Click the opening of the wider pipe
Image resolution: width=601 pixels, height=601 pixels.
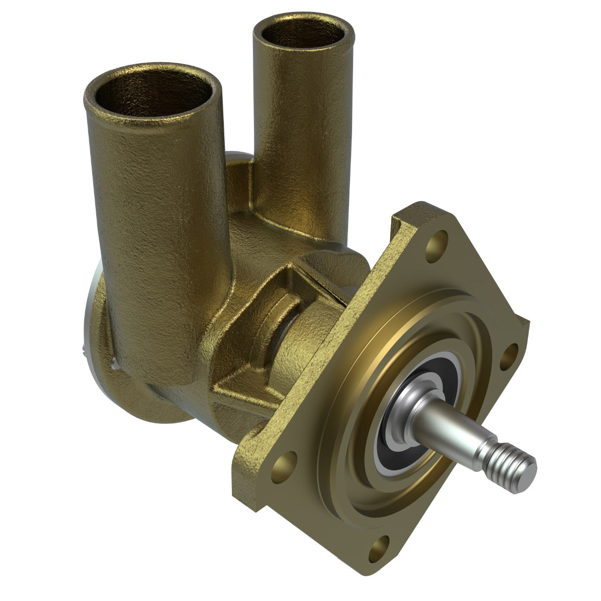point(153,98)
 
